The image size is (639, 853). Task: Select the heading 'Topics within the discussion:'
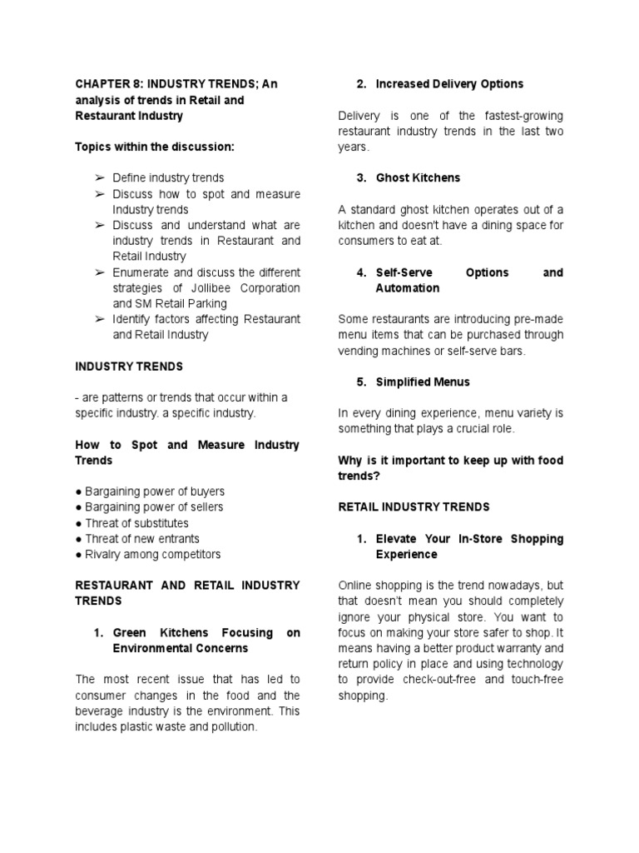click(x=155, y=147)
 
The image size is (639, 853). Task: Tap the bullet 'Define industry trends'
click(x=168, y=177)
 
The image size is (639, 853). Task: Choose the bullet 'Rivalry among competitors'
click(x=147, y=554)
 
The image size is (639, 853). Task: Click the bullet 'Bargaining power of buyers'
click(x=150, y=491)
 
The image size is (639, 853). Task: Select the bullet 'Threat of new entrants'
click(x=136, y=539)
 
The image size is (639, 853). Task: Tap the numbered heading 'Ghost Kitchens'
click(x=418, y=177)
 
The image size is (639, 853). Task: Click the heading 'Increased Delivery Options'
click(x=449, y=83)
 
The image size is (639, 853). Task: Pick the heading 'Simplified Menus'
click(x=423, y=382)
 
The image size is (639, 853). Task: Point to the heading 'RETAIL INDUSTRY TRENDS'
click(x=414, y=506)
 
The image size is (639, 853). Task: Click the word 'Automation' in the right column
click(x=408, y=288)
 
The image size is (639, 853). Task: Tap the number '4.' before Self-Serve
click(x=361, y=272)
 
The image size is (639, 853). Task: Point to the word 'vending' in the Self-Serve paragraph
click(x=359, y=351)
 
